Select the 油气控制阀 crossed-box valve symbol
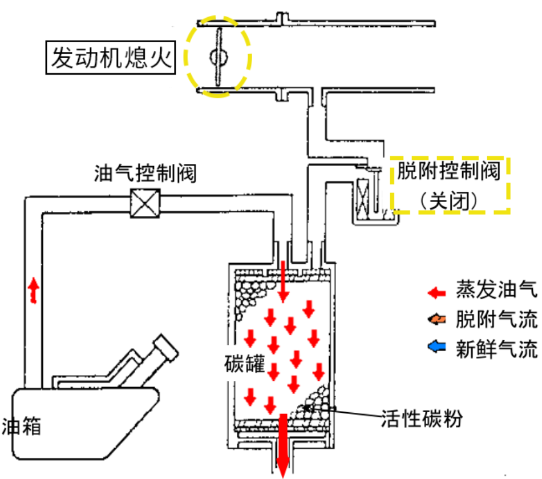click(145, 203)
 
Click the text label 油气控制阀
click(145, 173)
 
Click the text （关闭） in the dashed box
click(448, 200)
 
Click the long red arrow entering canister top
click(284, 283)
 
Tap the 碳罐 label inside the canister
click(245, 363)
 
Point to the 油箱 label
click(22, 426)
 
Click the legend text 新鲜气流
click(496, 347)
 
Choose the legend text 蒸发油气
click(496, 292)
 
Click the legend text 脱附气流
click(496, 320)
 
